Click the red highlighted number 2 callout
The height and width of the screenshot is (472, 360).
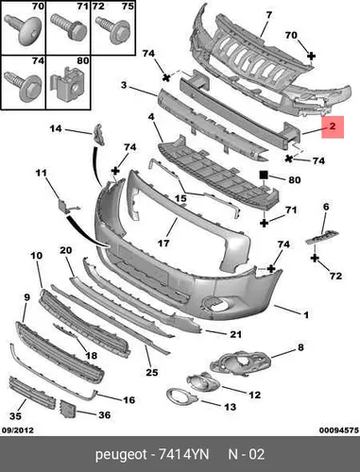(x=333, y=126)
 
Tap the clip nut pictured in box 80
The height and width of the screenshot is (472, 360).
(x=68, y=84)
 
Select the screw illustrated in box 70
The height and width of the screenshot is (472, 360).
(x=23, y=29)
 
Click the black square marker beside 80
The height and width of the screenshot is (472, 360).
(x=264, y=175)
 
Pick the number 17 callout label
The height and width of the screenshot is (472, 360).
(x=163, y=243)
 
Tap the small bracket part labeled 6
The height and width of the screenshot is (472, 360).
(x=322, y=237)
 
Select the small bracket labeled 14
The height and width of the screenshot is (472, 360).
(x=98, y=135)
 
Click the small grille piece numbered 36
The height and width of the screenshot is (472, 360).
(x=68, y=410)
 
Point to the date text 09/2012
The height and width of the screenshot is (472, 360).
(x=18, y=430)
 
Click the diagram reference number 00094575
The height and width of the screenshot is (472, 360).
(x=339, y=430)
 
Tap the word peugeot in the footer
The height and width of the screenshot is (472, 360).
(x=121, y=455)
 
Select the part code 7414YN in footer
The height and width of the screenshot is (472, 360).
(x=183, y=454)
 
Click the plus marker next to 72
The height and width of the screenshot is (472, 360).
(x=315, y=259)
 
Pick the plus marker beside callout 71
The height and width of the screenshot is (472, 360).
(x=264, y=223)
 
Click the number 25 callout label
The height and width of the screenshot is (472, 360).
(x=151, y=372)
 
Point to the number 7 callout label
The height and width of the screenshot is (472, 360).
(x=268, y=14)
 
